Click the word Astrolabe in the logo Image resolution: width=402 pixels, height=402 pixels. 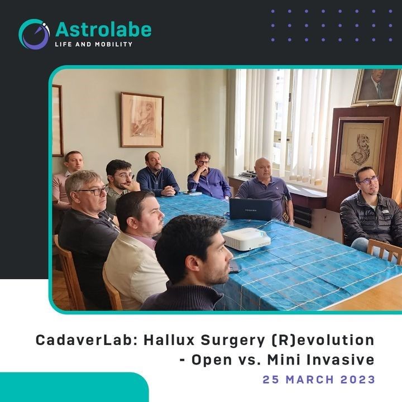[x=103, y=30]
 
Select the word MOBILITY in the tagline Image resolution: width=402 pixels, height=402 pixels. [x=113, y=44]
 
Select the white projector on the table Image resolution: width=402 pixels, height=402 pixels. [x=246, y=239]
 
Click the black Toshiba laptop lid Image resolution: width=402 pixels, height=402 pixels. [x=251, y=209]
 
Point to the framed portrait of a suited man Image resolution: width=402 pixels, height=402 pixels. [x=376, y=87]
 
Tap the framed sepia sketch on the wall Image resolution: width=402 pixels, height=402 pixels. [x=142, y=119]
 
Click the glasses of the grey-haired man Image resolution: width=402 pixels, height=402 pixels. [x=93, y=191]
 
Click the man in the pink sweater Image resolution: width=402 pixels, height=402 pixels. [x=66, y=179]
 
